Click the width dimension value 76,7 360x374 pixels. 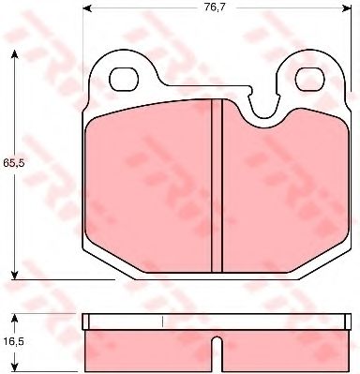[217, 9]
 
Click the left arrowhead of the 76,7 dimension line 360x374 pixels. [87, 10]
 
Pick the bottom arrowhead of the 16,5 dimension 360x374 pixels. [13, 368]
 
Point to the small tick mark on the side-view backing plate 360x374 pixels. [164, 322]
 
